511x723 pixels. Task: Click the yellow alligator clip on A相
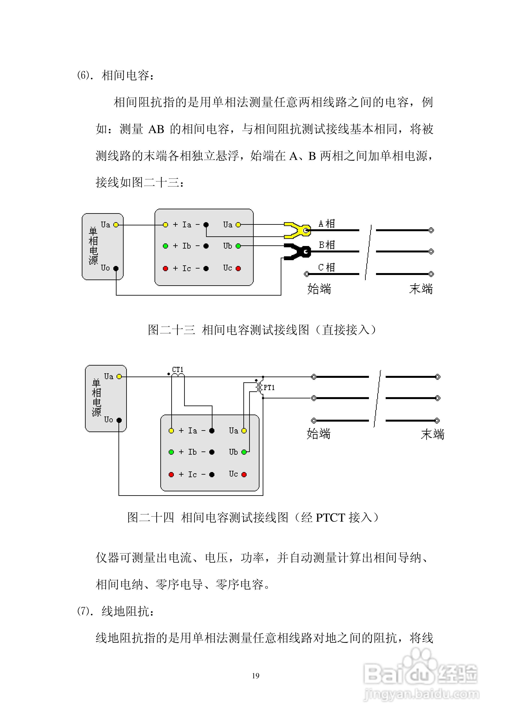(296, 230)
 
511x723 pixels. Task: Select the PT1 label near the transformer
(269, 388)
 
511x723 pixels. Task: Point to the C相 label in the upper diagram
(326, 267)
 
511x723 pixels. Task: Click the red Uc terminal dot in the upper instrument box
(238, 268)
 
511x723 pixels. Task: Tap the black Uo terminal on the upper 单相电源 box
(116, 269)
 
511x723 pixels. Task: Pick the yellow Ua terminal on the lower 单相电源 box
(119, 377)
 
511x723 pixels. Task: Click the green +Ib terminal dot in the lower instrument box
(171, 452)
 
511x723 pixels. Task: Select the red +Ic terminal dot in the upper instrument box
(165, 269)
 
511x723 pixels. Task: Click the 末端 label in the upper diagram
(421, 289)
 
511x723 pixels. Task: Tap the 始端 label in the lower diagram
(319, 434)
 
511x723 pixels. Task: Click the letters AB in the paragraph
(156, 129)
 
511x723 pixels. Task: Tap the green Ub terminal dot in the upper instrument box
(238, 246)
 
